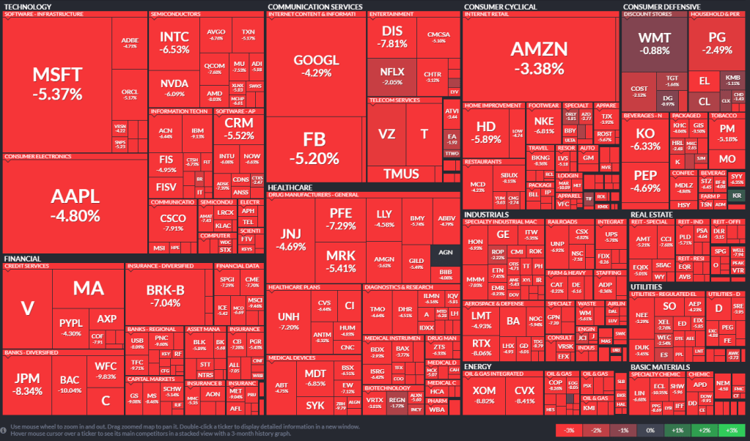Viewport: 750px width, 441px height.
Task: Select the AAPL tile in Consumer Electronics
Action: (75, 204)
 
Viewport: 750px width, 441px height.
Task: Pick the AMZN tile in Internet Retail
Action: (539, 57)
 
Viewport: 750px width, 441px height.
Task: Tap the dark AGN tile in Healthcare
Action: (444, 252)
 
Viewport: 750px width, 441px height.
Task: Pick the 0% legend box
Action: (648, 430)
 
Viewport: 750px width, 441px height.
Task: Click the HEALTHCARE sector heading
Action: (290, 187)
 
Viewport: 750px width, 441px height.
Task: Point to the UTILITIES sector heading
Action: (647, 286)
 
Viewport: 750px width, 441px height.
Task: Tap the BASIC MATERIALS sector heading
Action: (660, 367)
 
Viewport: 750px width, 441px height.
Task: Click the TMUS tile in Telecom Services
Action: (402, 174)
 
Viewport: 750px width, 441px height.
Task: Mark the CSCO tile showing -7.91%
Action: (173, 222)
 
